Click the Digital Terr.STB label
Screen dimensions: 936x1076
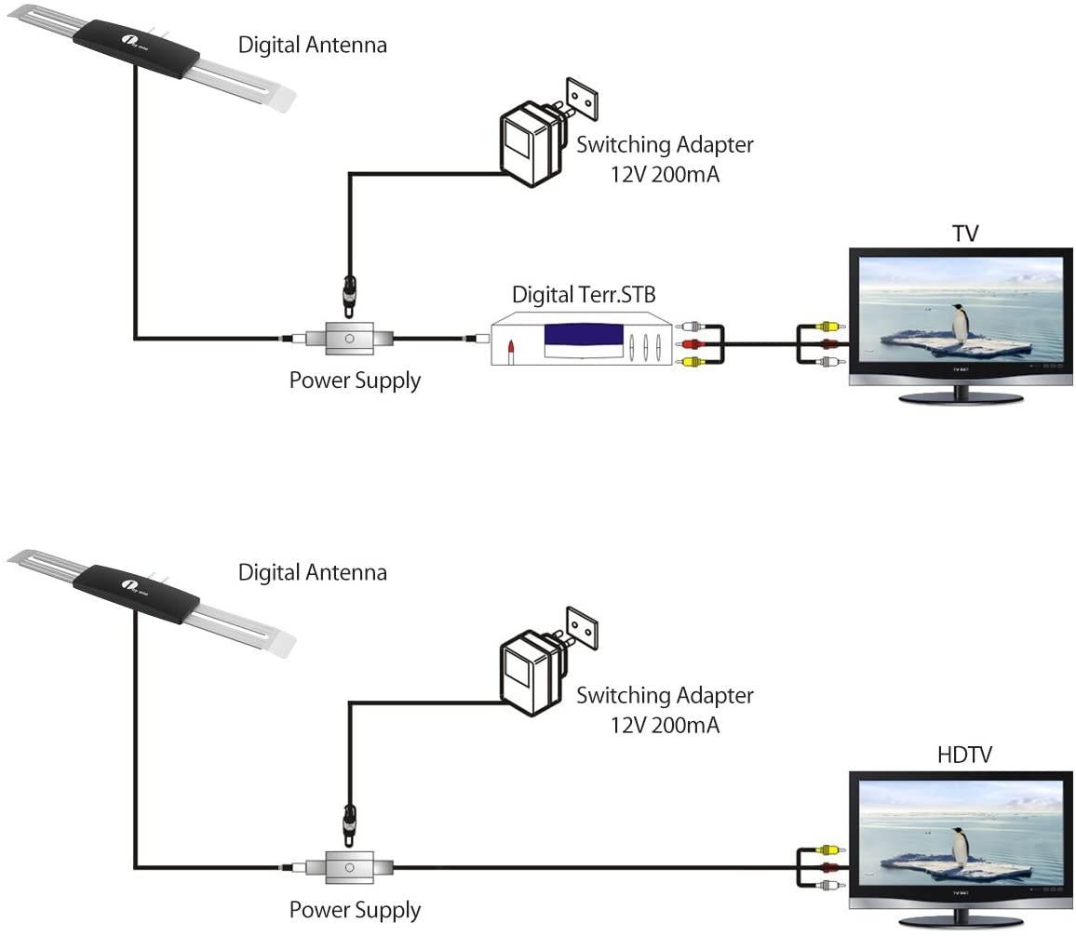[x=584, y=295]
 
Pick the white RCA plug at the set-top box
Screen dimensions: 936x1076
[x=689, y=327]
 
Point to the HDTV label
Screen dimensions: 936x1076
[x=964, y=755]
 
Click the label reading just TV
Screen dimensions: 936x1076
[x=965, y=233]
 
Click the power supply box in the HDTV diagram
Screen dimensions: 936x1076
[x=348, y=867]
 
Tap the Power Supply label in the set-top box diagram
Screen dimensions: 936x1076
[x=355, y=381]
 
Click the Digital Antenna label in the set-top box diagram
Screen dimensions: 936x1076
[x=313, y=44]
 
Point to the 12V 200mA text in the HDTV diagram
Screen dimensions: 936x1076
[x=665, y=725]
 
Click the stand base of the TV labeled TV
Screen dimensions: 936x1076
[x=960, y=398]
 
